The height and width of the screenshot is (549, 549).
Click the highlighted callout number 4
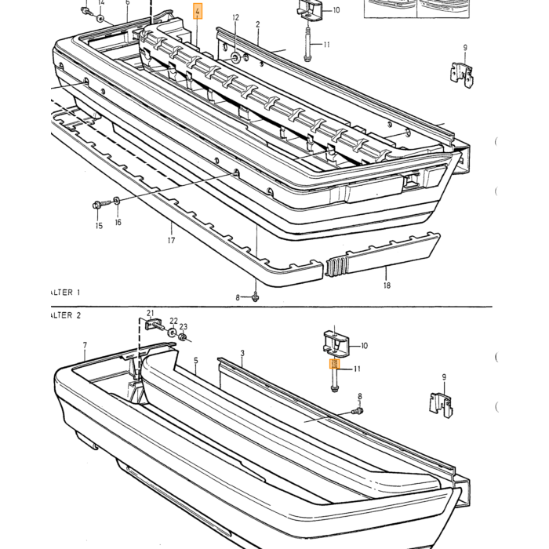click(198, 11)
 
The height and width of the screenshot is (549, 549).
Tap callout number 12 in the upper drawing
click(235, 17)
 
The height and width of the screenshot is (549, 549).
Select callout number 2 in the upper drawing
click(258, 24)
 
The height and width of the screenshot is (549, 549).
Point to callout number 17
click(171, 241)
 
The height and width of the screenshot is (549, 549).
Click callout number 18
click(387, 285)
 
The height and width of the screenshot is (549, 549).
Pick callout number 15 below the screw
click(99, 226)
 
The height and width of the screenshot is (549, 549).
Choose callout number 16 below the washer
click(118, 222)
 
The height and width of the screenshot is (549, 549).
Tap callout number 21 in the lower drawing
click(151, 313)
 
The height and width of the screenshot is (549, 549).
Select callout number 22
click(173, 321)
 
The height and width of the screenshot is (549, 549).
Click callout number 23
click(184, 327)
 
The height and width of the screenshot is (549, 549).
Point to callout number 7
click(85, 345)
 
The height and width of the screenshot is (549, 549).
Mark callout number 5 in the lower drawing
click(196, 360)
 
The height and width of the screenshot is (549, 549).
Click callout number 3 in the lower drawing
click(242, 353)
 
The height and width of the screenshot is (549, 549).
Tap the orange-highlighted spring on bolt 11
click(335, 364)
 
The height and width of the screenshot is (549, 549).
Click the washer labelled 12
click(235, 56)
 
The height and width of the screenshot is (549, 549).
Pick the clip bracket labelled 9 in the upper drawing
click(462, 75)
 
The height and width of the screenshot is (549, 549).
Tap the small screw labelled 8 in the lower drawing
click(358, 411)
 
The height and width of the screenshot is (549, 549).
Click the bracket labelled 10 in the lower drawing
click(336, 343)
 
